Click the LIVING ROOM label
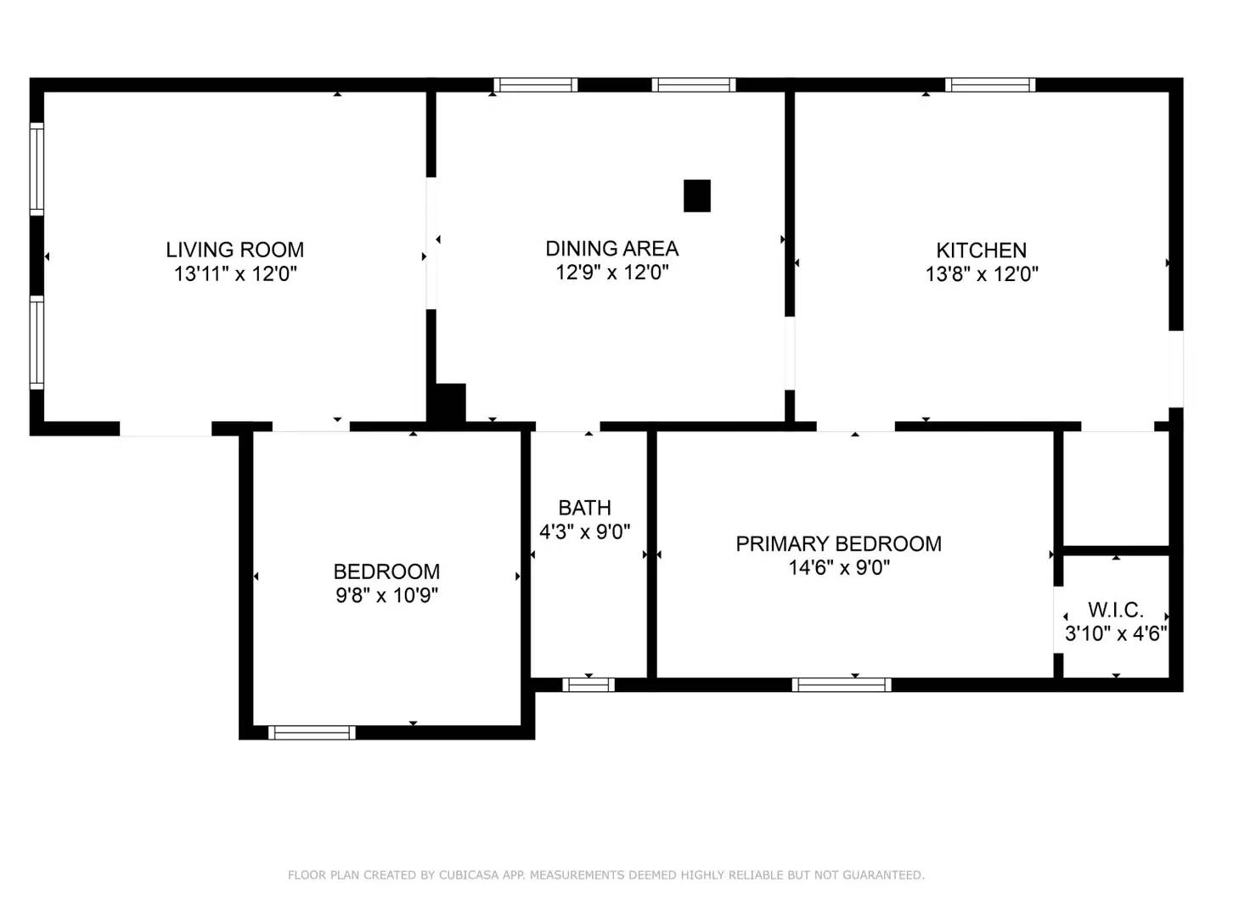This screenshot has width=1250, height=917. point(234,250)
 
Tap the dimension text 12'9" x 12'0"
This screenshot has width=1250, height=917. point(611,273)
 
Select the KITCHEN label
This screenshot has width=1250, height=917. point(981,250)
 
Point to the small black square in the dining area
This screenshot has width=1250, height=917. point(696,196)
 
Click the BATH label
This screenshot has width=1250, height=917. point(584,508)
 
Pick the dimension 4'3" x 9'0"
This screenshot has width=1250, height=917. point(584,532)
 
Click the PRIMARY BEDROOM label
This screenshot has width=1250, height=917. point(838,543)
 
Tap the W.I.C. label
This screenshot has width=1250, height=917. point(1115,610)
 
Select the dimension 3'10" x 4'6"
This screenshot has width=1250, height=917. point(1115,633)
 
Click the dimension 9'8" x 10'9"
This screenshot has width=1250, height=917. point(386,595)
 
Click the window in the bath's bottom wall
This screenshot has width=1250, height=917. point(588,684)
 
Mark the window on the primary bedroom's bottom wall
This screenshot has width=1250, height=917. point(841,684)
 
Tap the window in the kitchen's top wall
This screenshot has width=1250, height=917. point(989,85)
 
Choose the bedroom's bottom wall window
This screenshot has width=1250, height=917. point(312,733)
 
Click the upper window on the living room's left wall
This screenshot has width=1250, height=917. point(37,169)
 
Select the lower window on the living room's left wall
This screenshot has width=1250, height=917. point(37,342)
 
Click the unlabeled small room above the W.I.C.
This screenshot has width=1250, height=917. point(1115,488)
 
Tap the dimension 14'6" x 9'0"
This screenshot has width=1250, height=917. point(838,568)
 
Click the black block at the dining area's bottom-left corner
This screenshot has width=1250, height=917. point(449,403)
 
